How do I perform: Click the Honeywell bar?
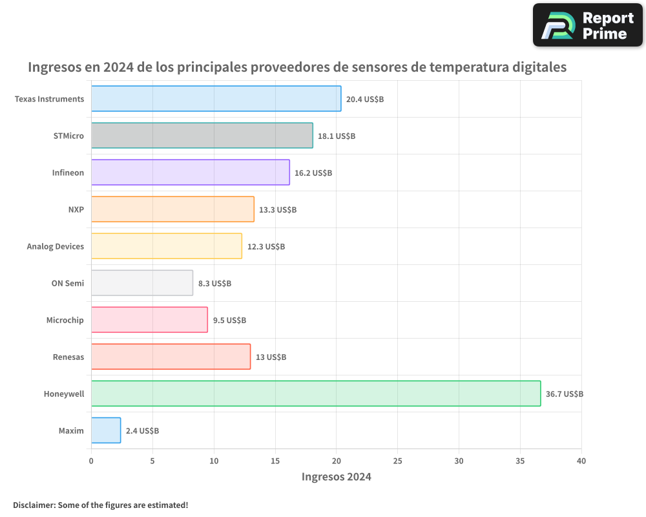click(x=316, y=394)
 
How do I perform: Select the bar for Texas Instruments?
click(x=216, y=99)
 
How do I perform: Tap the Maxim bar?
click(x=106, y=430)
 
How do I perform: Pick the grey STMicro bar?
click(x=202, y=136)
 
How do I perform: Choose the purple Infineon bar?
click(x=190, y=173)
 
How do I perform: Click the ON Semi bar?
click(x=141, y=283)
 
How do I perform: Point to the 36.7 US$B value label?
click(x=565, y=394)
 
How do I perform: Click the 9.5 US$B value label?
click(x=229, y=320)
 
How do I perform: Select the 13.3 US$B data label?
click(x=278, y=209)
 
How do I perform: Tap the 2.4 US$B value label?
click(x=142, y=430)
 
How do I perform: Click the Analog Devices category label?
click(x=56, y=246)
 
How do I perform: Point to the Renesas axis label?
click(x=68, y=357)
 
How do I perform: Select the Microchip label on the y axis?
click(x=65, y=320)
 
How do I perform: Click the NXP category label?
click(x=76, y=209)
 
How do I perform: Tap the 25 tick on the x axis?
click(x=397, y=461)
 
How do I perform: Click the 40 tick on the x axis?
click(x=581, y=461)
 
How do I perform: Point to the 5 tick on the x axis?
click(x=152, y=461)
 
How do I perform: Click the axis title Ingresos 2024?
click(x=336, y=477)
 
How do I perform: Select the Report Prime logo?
click(x=587, y=25)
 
